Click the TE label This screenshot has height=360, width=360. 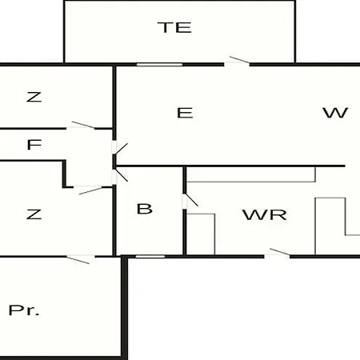click(x=174, y=27)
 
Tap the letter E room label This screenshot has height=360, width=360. click(x=185, y=113)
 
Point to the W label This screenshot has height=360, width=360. click(x=335, y=113)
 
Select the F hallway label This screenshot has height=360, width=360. click(x=34, y=145)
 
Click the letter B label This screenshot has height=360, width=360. click(x=145, y=209)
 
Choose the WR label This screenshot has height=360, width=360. click(x=265, y=214)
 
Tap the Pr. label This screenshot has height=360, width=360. click(x=24, y=310)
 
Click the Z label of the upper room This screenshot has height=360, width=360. click(x=34, y=97)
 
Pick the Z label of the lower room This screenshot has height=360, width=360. click(x=34, y=214)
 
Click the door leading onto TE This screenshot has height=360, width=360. click(x=237, y=62)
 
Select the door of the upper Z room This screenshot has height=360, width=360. click(x=81, y=126)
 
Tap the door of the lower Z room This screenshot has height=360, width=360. click(x=88, y=190)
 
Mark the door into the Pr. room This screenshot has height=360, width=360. click(x=81, y=259)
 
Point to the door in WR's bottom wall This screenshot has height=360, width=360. click(x=277, y=254)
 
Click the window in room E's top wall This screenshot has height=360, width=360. click(x=159, y=65)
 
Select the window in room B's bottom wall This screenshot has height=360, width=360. click(x=150, y=257)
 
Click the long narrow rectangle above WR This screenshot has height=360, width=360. click(x=251, y=174)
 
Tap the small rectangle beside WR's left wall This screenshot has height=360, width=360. click(x=201, y=234)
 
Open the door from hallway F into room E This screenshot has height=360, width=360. click(x=119, y=148)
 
